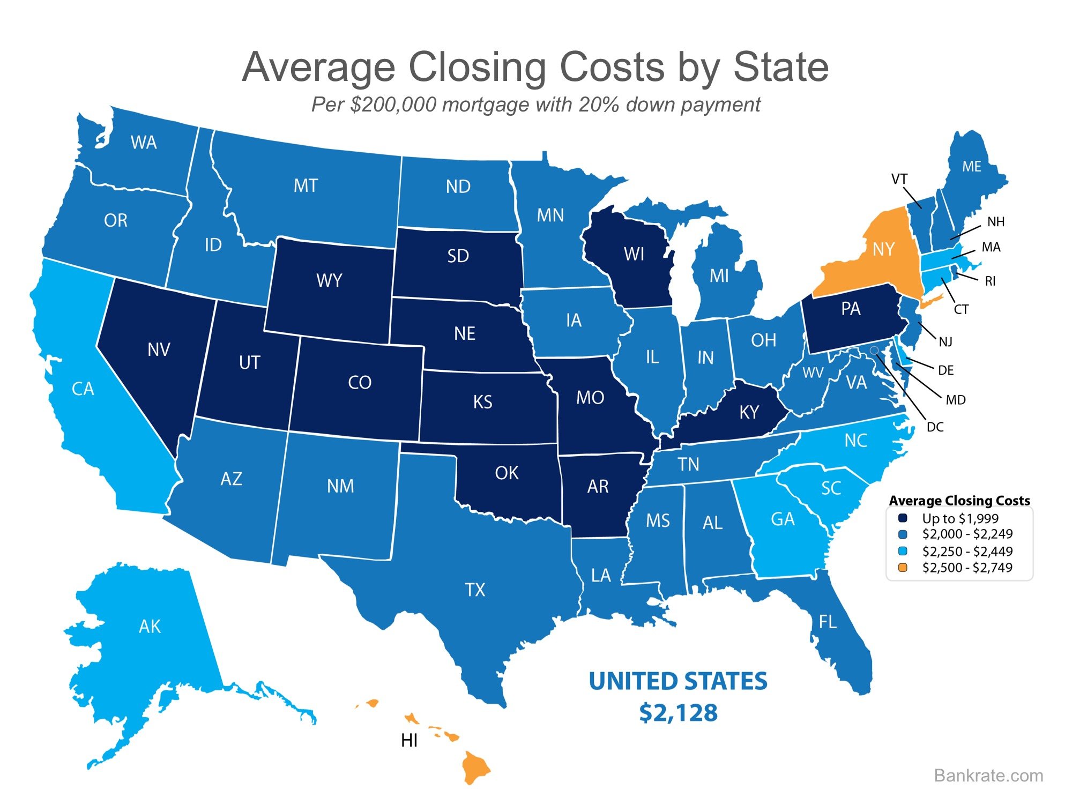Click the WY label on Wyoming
(329, 280)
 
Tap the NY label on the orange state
(883, 249)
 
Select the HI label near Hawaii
(409, 740)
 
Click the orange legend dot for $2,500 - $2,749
(903, 568)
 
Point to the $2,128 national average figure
(678, 713)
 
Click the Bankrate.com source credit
(988, 775)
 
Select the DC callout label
(935, 427)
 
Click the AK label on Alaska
(150, 626)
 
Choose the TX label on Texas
(475, 590)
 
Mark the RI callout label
(990, 281)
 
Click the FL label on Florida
(827, 622)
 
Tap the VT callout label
(899, 179)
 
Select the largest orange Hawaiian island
(475, 767)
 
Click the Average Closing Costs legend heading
(959, 501)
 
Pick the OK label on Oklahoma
(507, 473)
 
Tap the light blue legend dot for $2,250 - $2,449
(903, 551)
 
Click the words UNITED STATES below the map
(678, 681)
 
